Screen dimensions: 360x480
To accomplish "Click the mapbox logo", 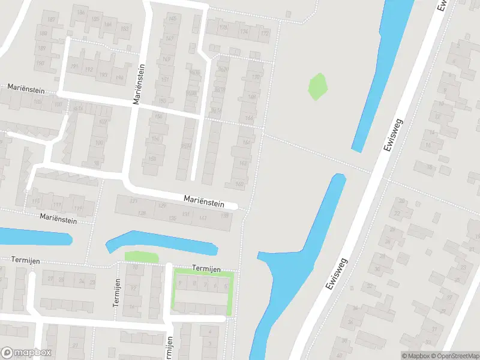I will click(x=26, y=353).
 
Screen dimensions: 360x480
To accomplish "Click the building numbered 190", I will click(x=41, y=62).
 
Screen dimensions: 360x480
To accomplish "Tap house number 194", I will click(x=119, y=78).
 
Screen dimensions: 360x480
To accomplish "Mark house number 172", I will click(x=264, y=33).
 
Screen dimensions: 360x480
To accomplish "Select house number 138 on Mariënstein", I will click(x=224, y=216).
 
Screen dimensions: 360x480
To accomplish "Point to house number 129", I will click(x=162, y=206).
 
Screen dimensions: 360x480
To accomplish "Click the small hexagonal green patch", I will click(x=318, y=86).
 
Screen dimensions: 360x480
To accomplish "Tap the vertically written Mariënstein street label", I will click(x=139, y=84).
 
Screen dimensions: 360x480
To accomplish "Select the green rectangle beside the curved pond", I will click(x=142, y=257).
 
